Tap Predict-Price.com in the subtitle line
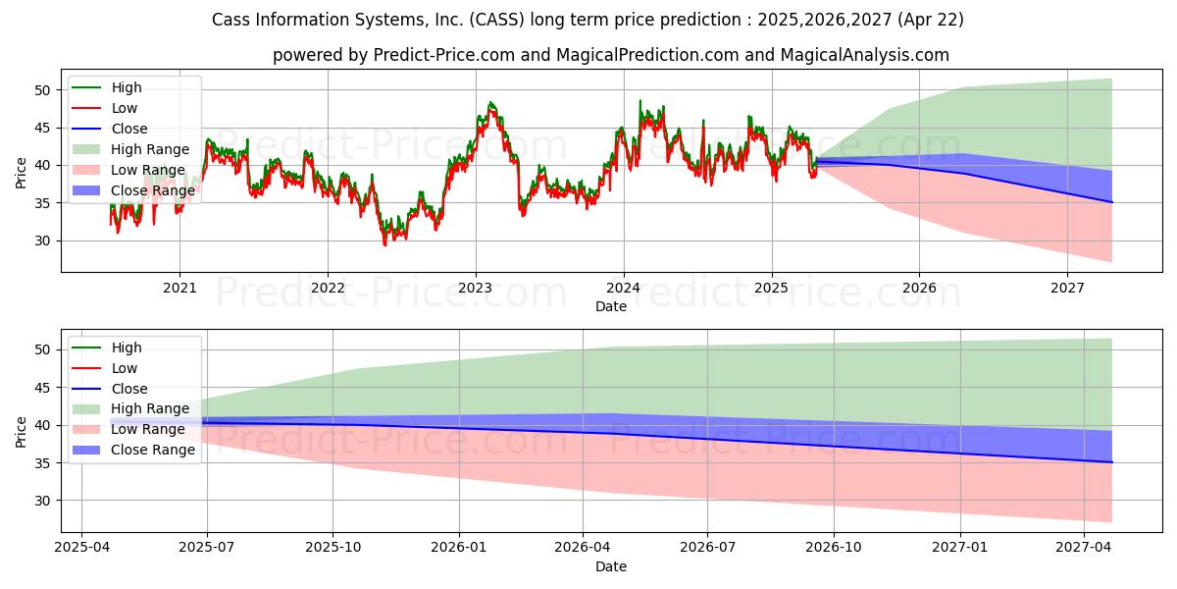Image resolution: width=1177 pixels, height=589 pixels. click(444, 55)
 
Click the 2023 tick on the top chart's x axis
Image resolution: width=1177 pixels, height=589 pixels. click(476, 288)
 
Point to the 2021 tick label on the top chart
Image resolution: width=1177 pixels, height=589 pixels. click(179, 288)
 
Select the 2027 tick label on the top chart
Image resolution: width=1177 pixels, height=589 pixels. click(1067, 288)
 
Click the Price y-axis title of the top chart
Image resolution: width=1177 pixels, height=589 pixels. click(22, 172)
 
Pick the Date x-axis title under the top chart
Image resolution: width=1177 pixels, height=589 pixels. click(611, 306)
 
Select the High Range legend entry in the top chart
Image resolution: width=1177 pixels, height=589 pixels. click(149, 149)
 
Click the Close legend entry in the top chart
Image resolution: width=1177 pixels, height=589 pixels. click(129, 129)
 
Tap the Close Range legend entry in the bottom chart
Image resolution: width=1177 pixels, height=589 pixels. click(153, 451)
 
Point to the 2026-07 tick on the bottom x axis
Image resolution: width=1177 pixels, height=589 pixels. click(708, 548)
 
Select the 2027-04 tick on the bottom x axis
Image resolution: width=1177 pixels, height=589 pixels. click(1084, 548)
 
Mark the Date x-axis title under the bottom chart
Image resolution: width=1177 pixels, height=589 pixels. click(611, 566)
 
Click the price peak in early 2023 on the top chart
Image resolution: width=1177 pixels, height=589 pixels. click(491, 102)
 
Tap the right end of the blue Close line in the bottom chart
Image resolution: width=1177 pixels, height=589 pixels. click(1111, 462)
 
